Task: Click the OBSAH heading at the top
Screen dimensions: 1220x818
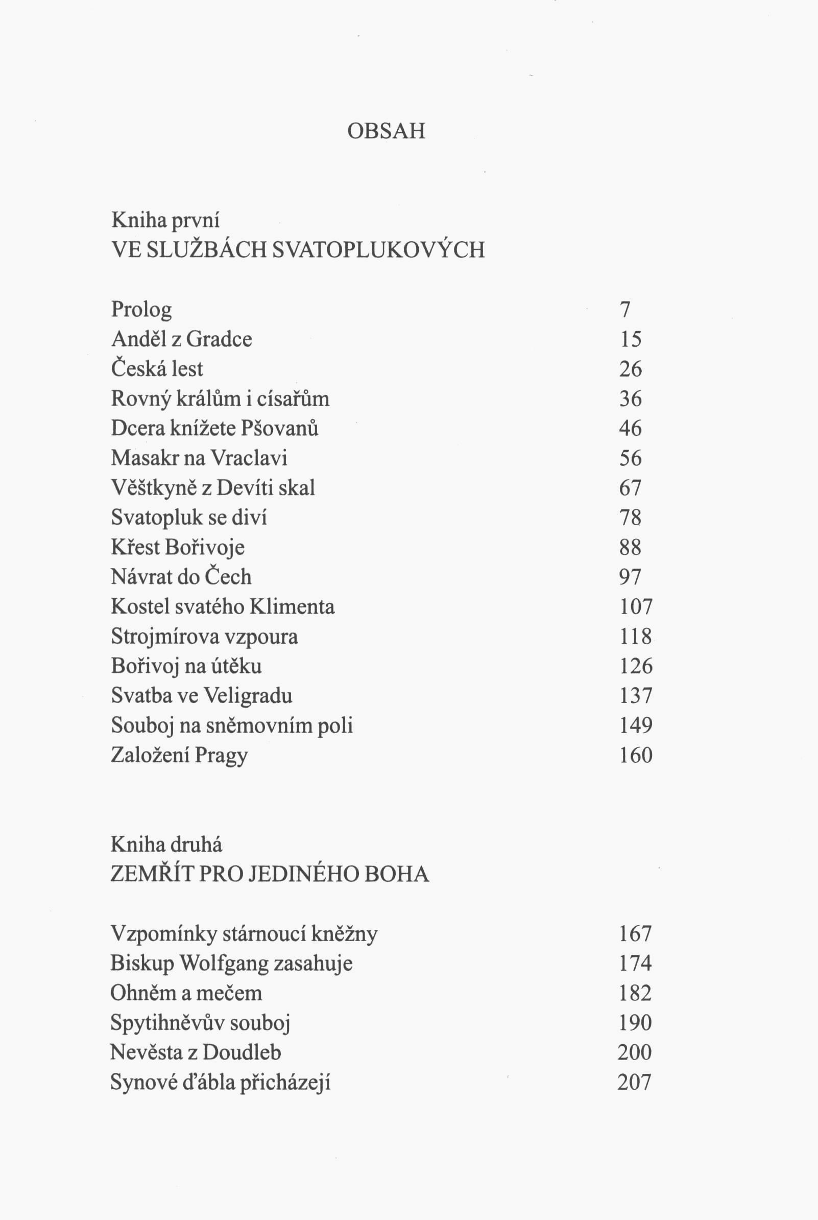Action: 386,131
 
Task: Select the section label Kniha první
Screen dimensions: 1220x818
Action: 165,220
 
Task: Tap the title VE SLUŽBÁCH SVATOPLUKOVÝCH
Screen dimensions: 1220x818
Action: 298,250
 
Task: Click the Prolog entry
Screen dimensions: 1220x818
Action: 141,310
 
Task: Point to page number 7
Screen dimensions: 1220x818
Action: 625,310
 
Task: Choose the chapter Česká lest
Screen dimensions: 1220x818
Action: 157,369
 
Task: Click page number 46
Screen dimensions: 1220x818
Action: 630,429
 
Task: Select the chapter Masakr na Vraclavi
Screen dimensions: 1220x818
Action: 199,458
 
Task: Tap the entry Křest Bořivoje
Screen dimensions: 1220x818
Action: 177,547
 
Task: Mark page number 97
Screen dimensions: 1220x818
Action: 630,577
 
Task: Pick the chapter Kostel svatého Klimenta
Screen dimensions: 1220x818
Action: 223,607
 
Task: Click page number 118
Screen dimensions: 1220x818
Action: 635,637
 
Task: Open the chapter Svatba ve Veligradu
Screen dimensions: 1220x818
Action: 201,696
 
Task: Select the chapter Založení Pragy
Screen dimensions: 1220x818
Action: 179,756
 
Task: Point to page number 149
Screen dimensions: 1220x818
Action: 635,725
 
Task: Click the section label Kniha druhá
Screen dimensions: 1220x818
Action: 166,845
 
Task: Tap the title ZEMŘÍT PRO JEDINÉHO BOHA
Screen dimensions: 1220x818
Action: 270,875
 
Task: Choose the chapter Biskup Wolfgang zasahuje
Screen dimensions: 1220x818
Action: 231,963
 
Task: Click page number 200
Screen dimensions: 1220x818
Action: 634,1052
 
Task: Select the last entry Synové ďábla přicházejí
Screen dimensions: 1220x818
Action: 220,1083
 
